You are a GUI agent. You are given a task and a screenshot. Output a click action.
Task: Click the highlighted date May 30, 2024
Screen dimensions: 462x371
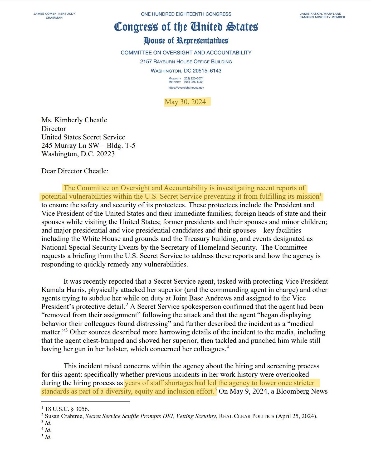tap(185, 102)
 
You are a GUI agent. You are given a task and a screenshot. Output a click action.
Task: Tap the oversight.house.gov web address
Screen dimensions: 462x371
tap(186, 88)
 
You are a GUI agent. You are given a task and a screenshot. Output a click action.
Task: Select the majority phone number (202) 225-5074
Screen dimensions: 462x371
tap(193, 78)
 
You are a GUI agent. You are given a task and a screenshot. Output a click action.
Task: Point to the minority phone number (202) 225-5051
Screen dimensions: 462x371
tap(193, 82)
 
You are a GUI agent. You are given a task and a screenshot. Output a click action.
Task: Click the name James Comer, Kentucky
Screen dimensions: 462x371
tap(54, 14)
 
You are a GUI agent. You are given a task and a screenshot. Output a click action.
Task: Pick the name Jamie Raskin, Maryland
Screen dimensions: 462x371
tap(320, 14)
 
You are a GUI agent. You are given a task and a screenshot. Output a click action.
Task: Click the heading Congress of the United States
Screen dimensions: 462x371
tap(186, 27)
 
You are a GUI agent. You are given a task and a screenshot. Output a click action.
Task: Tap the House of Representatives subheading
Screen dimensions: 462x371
tap(186, 41)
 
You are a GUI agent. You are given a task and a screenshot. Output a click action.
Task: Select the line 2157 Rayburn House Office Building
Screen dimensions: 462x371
tap(186, 62)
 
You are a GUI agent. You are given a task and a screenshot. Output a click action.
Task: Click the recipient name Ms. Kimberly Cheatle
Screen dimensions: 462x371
tap(74, 120)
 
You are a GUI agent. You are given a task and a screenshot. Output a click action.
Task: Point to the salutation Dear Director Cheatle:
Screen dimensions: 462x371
tap(75, 171)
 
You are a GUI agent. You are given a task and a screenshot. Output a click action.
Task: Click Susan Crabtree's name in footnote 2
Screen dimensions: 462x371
tap(64, 416)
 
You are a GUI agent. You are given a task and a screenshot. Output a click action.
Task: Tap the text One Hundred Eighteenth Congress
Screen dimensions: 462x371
tap(186, 14)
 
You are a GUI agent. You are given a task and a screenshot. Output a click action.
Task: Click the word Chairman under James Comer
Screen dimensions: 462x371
tap(54, 18)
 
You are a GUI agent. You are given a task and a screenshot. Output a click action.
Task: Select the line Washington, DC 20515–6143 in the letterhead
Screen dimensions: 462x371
tap(186, 71)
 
